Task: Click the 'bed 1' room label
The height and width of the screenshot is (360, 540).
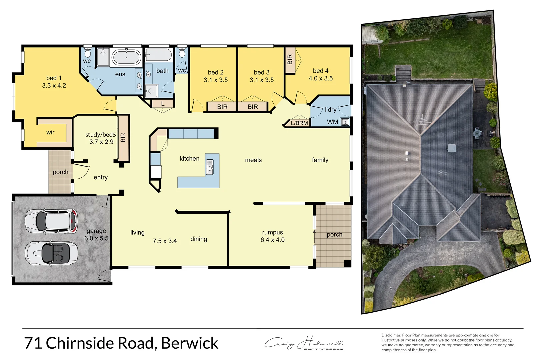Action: (54, 78)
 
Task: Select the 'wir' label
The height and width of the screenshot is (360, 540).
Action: (50, 132)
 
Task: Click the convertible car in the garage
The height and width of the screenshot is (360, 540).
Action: (51, 253)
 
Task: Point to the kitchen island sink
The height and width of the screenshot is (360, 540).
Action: (210, 167)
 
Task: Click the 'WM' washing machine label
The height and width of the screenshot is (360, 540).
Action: (332, 122)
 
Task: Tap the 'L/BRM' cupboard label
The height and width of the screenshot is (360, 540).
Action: (299, 123)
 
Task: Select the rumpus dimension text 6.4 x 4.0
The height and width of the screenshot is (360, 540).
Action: (272, 240)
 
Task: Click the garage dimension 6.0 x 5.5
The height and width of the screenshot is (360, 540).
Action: (96, 238)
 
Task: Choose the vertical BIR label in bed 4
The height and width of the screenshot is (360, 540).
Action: (290, 59)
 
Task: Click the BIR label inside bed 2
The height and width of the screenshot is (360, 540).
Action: (222, 107)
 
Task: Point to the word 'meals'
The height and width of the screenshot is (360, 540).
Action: (253, 160)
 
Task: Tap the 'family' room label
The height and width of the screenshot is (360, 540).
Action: (320, 160)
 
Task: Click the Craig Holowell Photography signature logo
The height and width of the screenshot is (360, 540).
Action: (304, 343)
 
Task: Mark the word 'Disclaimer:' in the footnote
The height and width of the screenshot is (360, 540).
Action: (391, 335)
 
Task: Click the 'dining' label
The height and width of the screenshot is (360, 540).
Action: (199, 239)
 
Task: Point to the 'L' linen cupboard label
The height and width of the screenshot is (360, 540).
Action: (163, 104)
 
